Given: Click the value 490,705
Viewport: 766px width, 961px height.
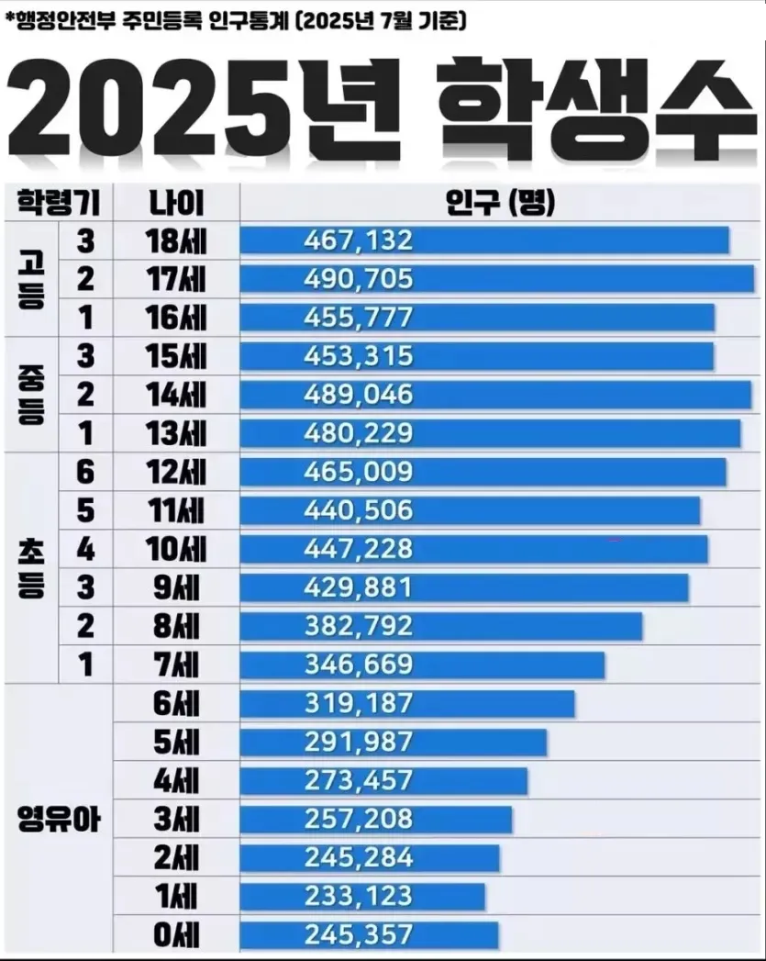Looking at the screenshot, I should coord(358,279).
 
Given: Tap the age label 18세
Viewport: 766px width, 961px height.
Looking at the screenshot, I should coord(176,240).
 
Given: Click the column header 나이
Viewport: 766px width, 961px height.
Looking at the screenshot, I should coord(176,201).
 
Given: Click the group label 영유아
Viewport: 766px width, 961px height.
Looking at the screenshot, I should coord(59,819).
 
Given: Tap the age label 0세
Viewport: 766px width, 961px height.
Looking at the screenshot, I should coord(176,935).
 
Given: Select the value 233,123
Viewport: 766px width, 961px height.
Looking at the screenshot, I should coord(358,896).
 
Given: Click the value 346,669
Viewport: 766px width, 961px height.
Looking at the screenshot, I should coord(358,665).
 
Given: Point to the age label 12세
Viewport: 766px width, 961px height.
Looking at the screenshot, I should coord(176,472).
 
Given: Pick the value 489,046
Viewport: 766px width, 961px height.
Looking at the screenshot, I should coord(358,395).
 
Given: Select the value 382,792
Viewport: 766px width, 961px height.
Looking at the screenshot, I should coord(358,626).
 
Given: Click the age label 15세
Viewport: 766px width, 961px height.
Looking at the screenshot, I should coord(176,356).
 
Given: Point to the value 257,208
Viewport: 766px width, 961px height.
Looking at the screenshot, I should coord(358,819).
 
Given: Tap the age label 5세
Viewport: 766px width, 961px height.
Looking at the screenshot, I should coord(176,742).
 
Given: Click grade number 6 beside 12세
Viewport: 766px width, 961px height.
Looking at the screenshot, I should coord(85,472).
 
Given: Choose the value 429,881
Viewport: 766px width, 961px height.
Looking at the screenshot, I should coord(358,587).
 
